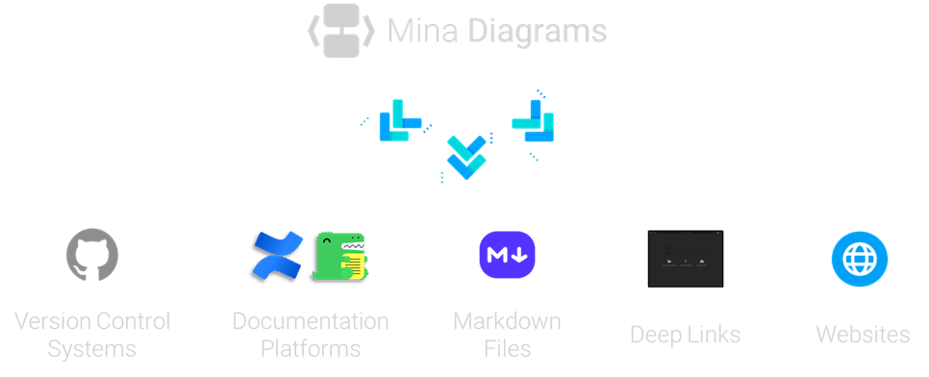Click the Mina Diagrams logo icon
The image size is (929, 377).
pyautogui.click(x=340, y=31)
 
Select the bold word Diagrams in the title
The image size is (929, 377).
pyautogui.click(x=538, y=32)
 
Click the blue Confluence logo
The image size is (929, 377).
pyautogui.click(x=276, y=257)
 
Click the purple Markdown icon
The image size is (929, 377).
pyautogui.click(x=507, y=256)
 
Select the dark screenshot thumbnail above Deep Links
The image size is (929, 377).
pyautogui.click(x=685, y=258)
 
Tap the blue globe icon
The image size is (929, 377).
pyautogui.click(x=859, y=259)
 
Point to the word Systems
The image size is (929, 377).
pyautogui.click(x=91, y=348)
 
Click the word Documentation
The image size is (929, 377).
pyautogui.click(x=311, y=321)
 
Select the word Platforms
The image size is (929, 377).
pyautogui.click(x=311, y=348)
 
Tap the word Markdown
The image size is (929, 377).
pyautogui.click(x=507, y=321)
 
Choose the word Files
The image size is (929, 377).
pyautogui.click(x=507, y=348)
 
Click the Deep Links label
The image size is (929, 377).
pyautogui.click(x=685, y=335)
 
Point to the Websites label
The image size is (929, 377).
pyautogui.click(x=863, y=335)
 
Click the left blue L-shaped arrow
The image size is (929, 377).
pyautogui.click(x=398, y=121)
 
